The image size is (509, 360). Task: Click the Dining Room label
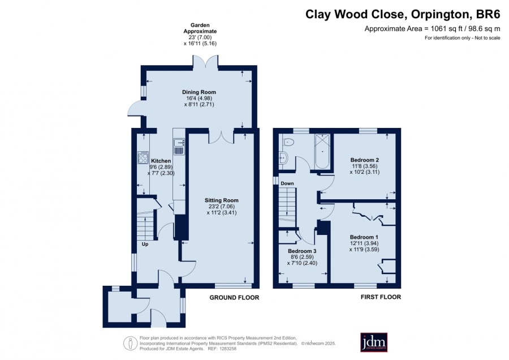click(x=199, y=92)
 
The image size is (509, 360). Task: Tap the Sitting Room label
click(x=221, y=200)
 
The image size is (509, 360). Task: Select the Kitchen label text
click(x=161, y=161)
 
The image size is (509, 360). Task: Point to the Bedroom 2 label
click(x=365, y=160)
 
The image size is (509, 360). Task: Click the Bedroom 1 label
click(x=364, y=237)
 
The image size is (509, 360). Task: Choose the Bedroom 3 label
click(x=302, y=251)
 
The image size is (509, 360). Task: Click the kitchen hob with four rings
click(x=143, y=157)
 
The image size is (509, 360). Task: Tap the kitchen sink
click(x=179, y=146)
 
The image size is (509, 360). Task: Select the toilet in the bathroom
click(x=288, y=142)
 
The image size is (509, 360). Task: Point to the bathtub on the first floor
click(x=322, y=151)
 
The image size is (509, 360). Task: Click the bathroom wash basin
click(x=283, y=158)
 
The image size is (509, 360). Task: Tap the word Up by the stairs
click(x=145, y=244)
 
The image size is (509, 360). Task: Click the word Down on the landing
click(x=287, y=183)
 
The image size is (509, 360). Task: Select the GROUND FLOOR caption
click(x=234, y=298)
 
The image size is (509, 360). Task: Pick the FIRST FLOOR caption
click(x=381, y=297)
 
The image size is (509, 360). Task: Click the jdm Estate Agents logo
click(x=374, y=342)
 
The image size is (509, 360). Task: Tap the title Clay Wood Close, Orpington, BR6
click(x=403, y=14)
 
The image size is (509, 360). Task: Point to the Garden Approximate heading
click(x=200, y=28)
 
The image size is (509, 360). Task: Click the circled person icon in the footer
click(x=131, y=344)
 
